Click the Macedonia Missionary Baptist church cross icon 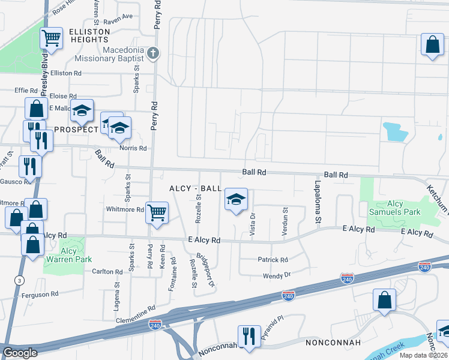pyautogui.click(x=153, y=53)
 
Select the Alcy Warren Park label pyautogui.click(x=68, y=256)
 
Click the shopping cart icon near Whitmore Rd pyautogui.click(x=157, y=212)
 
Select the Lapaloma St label pyautogui.click(x=317, y=205)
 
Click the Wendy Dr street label pyautogui.click(x=277, y=275)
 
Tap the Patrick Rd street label pyautogui.click(x=273, y=260)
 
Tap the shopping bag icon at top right pyautogui.click(x=432, y=45)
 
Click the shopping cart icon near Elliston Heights pyautogui.click(x=52, y=39)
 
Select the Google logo pyautogui.click(x=20, y=353)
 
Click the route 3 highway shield pyautogui.click(x=20, y=280)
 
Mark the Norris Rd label pyautogui.click(x=134, y=148)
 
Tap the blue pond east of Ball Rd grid pyautogui.click(x=395, y=131)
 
